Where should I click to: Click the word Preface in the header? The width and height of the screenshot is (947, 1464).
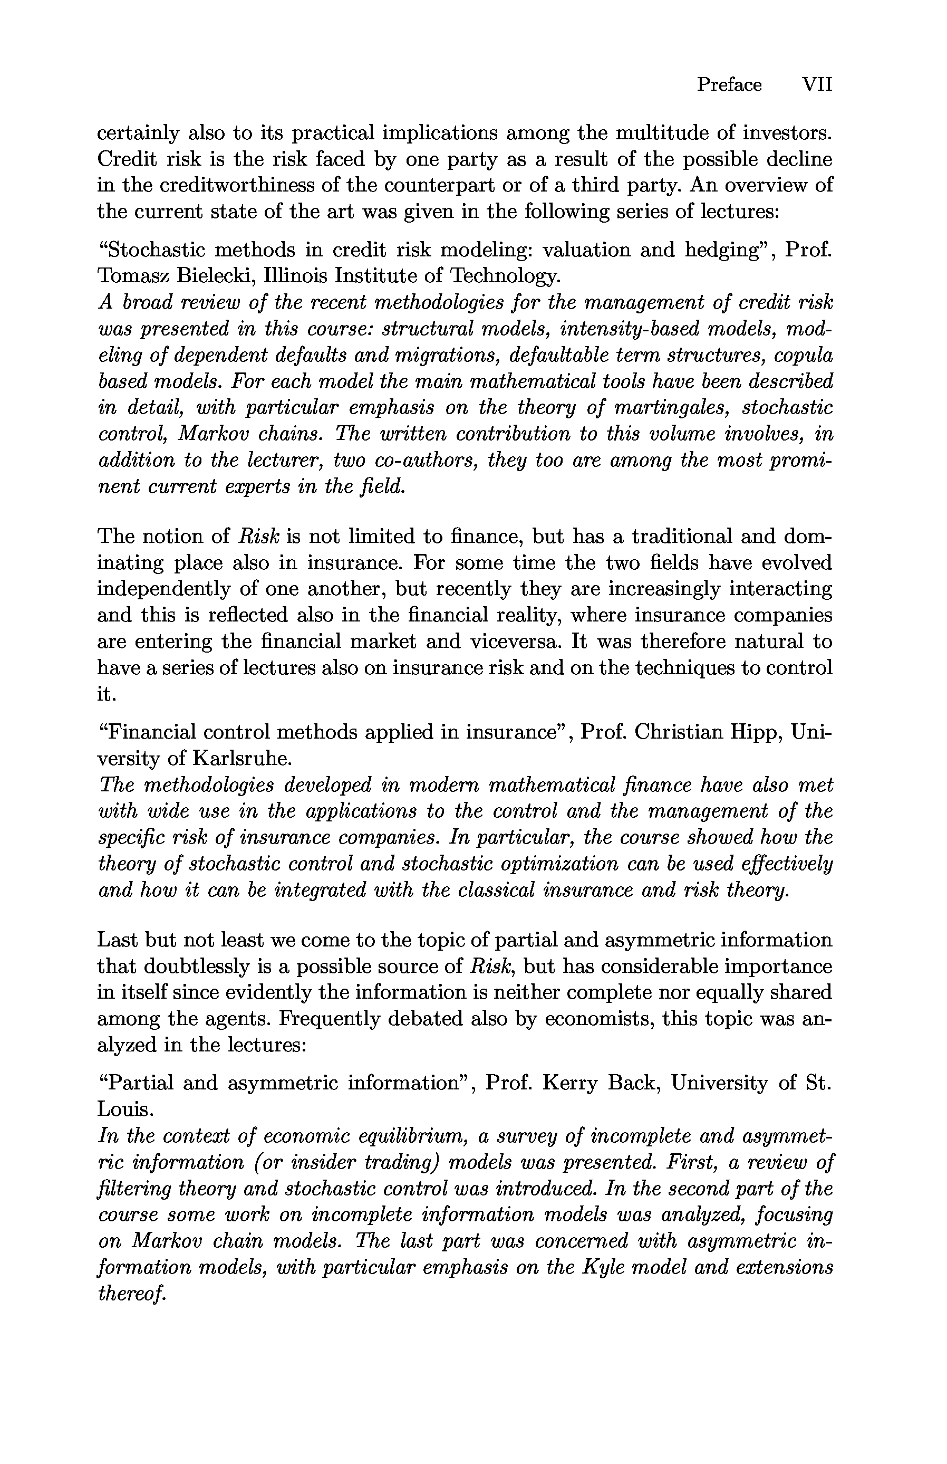click(729, 84)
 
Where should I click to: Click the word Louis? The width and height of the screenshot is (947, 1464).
click(123, 1109)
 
